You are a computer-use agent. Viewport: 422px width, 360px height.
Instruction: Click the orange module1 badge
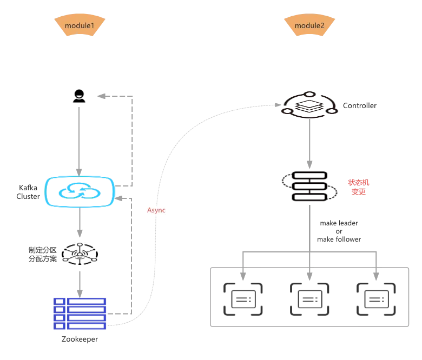[80, 26]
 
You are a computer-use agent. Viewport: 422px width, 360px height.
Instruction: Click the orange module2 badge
[309, 26]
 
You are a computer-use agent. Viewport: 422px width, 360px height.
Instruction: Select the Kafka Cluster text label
[28, 192]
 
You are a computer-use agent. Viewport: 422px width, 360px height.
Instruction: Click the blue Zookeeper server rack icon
[80, 313]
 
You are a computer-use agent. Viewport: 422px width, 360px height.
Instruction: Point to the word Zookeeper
[80, 339]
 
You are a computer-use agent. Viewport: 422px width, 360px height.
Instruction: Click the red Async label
[156, 210]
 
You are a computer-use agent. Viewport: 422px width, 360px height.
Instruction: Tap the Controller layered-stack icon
[309, 105]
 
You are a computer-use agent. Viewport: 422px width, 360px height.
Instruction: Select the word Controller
[360, 105]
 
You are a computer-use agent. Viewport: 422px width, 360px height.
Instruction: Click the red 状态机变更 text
[359, 187]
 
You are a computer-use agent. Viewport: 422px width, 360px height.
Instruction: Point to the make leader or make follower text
[339, 231]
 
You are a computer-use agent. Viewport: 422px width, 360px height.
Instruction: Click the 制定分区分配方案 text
[43, 254]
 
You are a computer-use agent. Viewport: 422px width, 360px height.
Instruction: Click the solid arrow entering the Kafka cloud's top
[80, 141]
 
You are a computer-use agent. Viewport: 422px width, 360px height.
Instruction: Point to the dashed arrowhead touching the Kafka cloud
[120, 199]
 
